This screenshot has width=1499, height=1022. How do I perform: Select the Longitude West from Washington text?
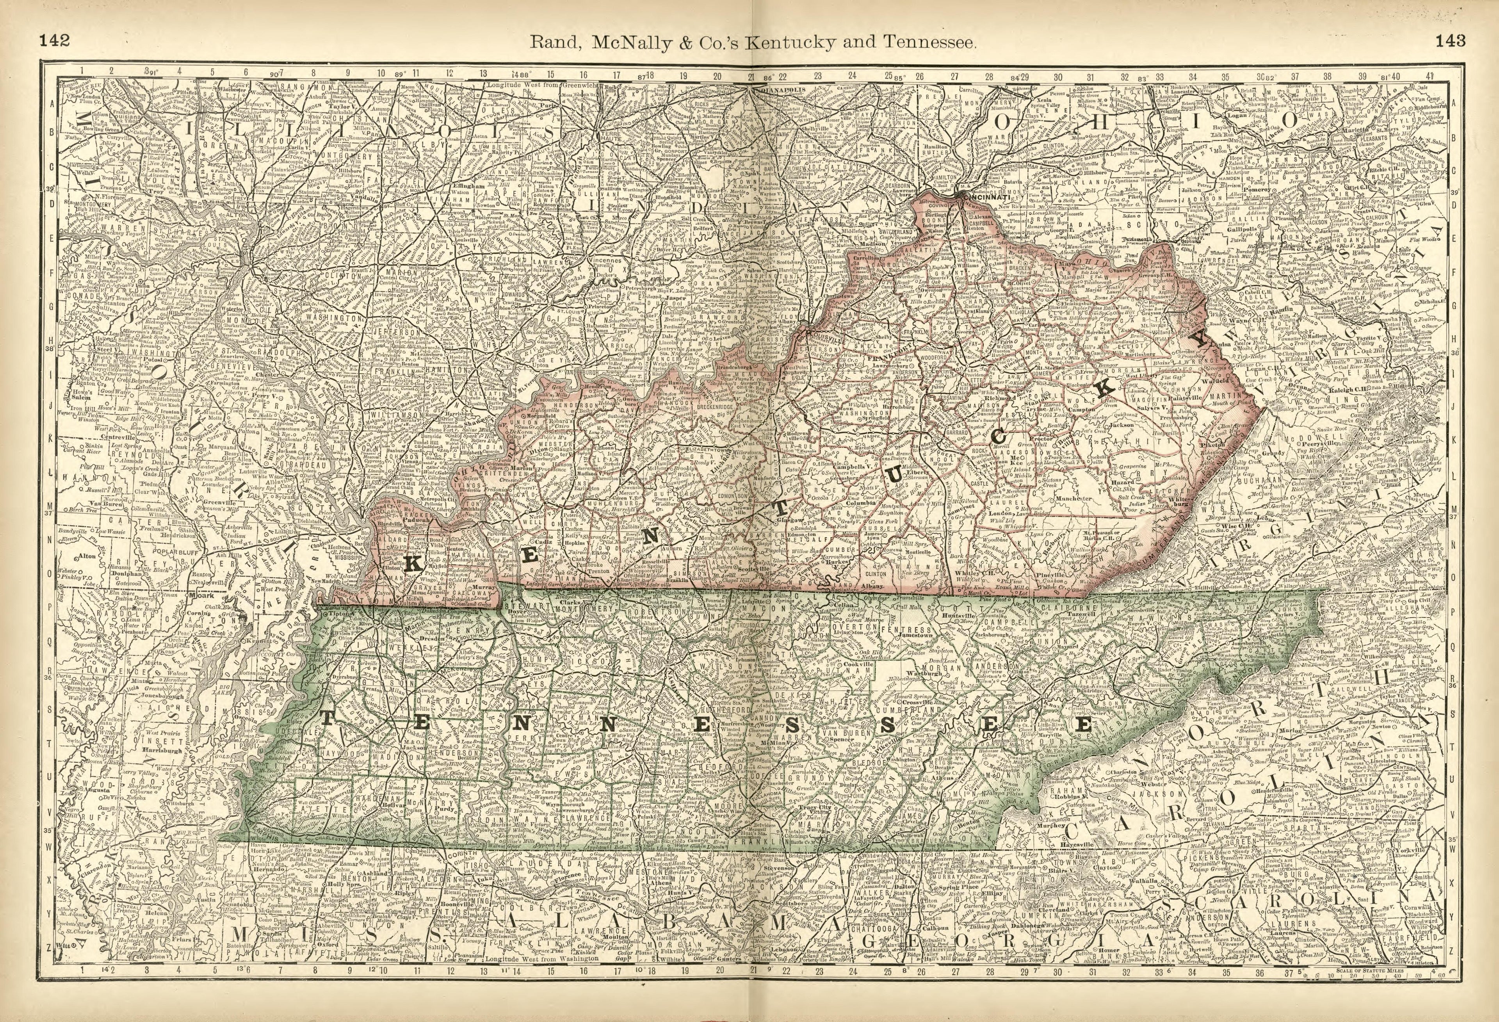(542, 977)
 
